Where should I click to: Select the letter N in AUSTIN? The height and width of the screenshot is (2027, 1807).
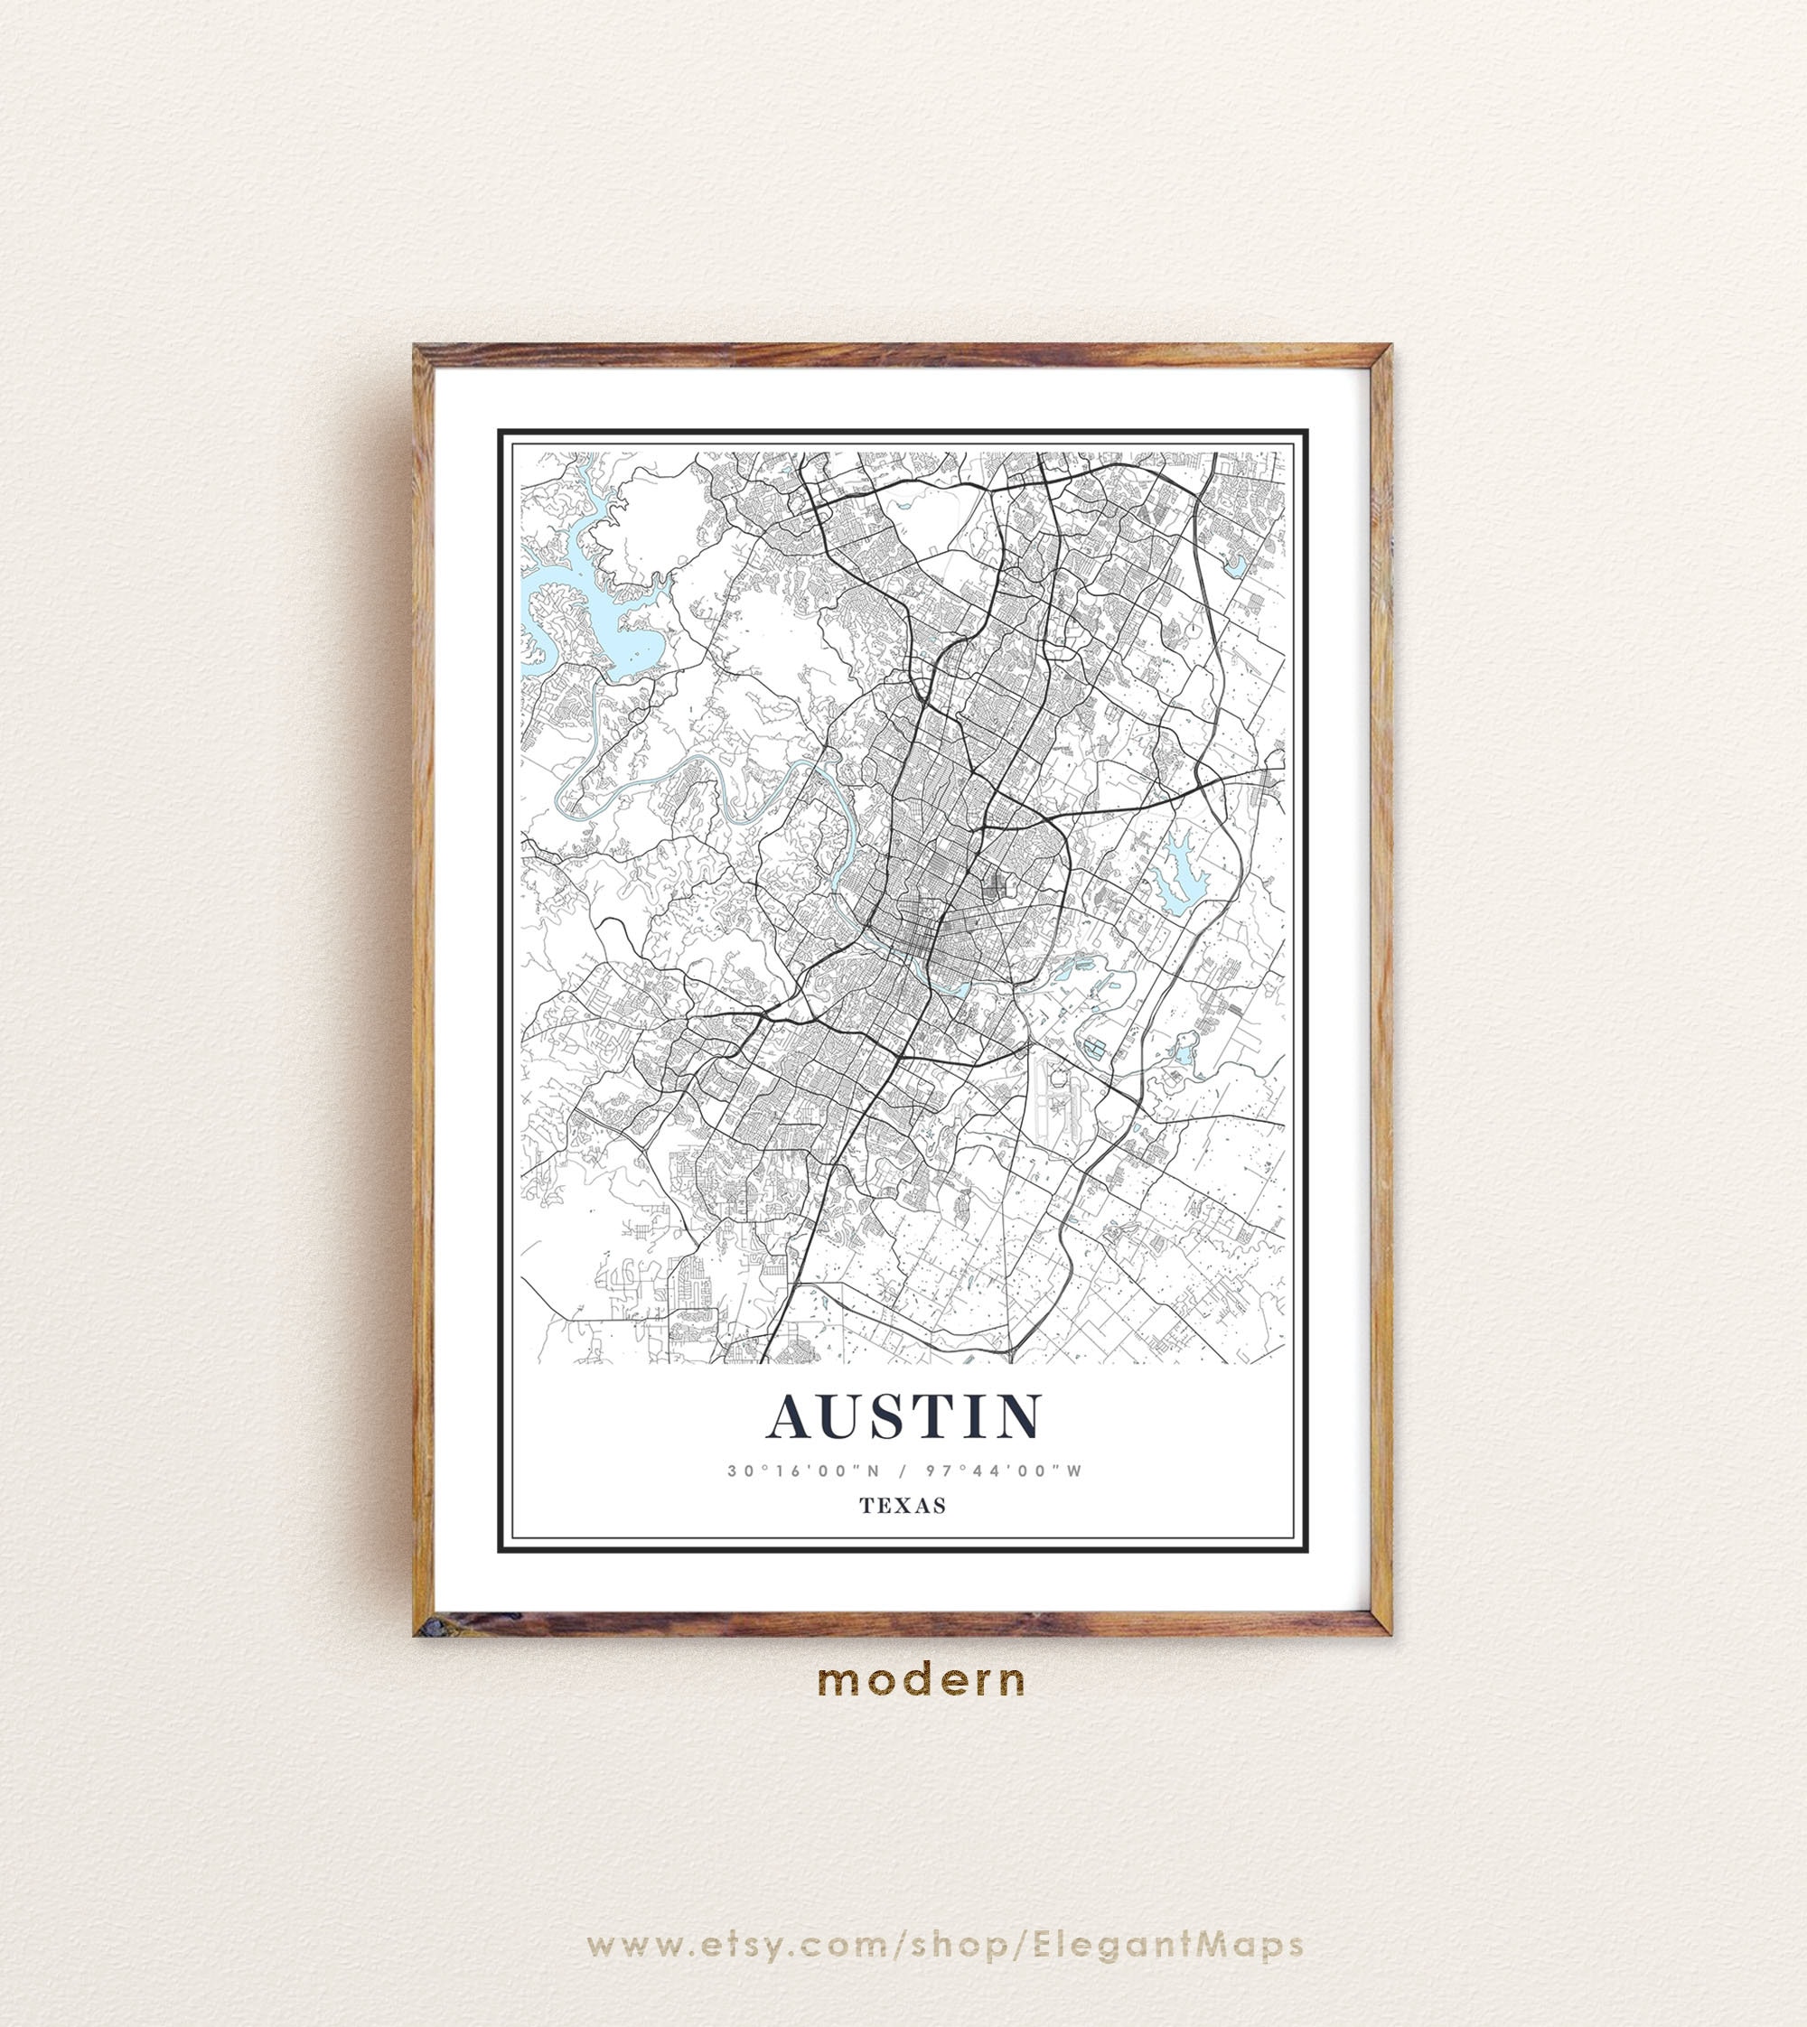[x=1017, y=1416]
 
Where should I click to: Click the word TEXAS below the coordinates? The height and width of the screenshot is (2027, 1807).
[x=903, y=1506]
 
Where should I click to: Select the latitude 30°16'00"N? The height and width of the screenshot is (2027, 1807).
[x=797, y=1471]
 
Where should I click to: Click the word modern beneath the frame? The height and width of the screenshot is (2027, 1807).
[x=922, y=1679]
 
